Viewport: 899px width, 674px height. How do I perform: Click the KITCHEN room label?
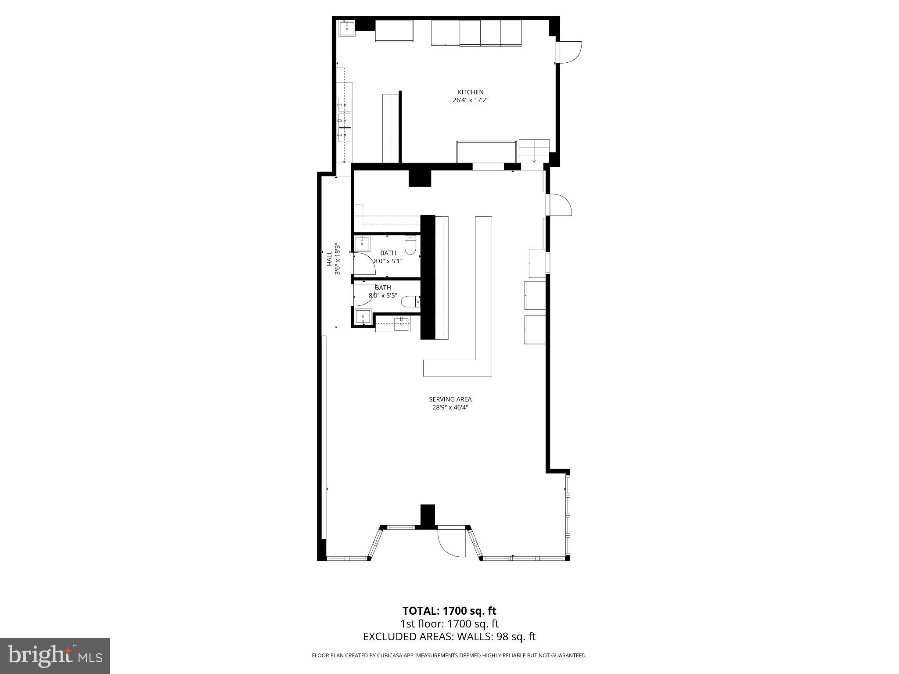pyautogui.click(x=470, y=92)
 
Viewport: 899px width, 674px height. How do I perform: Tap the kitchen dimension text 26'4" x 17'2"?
pyautogui.click(x=470, y=100)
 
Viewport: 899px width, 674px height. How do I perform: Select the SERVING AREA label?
pyautogui.click(x=450, y=399)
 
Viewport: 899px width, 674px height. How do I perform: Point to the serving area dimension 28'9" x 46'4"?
pyautogui.click(x=450, y=407)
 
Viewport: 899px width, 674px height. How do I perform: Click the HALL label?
pyautogui.click(x=329, y=258)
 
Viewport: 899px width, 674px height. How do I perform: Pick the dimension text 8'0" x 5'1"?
pyautogui.click(x=388, y=261)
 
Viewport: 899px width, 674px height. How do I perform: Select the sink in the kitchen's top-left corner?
pyautogui.click(x=347, y=29)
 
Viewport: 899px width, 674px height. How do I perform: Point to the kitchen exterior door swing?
pyautogui.click(x=570, y=52)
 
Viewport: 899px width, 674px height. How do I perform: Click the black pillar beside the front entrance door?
pyautogui.click(x=428, y=516)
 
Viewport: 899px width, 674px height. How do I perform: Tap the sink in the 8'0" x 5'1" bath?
pyautogui.click(x=362, y=243)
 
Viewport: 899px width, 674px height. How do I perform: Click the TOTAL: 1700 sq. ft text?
pyautogui.click(x=449, y=611)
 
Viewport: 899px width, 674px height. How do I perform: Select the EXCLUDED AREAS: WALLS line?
pyautogui.click(x=449, y=637)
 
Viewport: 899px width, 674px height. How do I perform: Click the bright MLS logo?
pyautogui.click(x=55, y=656)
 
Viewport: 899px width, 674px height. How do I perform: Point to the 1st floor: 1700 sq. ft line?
pyautogui.click(x=449, y=624)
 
